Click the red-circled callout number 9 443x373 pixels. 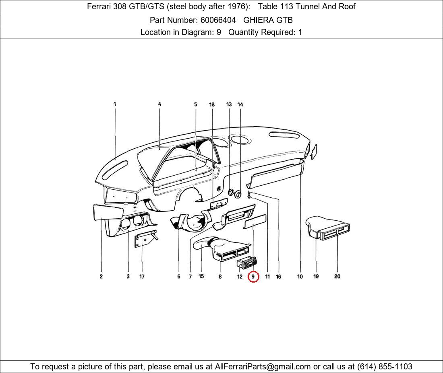point(253,277)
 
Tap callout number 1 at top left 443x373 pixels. point(115,104)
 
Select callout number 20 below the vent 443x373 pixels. point(337,277)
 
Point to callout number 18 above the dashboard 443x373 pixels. point(212,105)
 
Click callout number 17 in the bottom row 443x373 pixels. point(142,277)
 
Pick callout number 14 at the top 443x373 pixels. point(240,105)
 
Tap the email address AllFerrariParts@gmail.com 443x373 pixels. point(263,367)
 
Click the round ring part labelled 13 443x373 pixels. point(231,193)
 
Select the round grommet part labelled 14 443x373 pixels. point(238,195)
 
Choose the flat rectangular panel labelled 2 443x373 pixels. point(108,212)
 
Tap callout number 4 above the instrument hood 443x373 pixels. point(159,105)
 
